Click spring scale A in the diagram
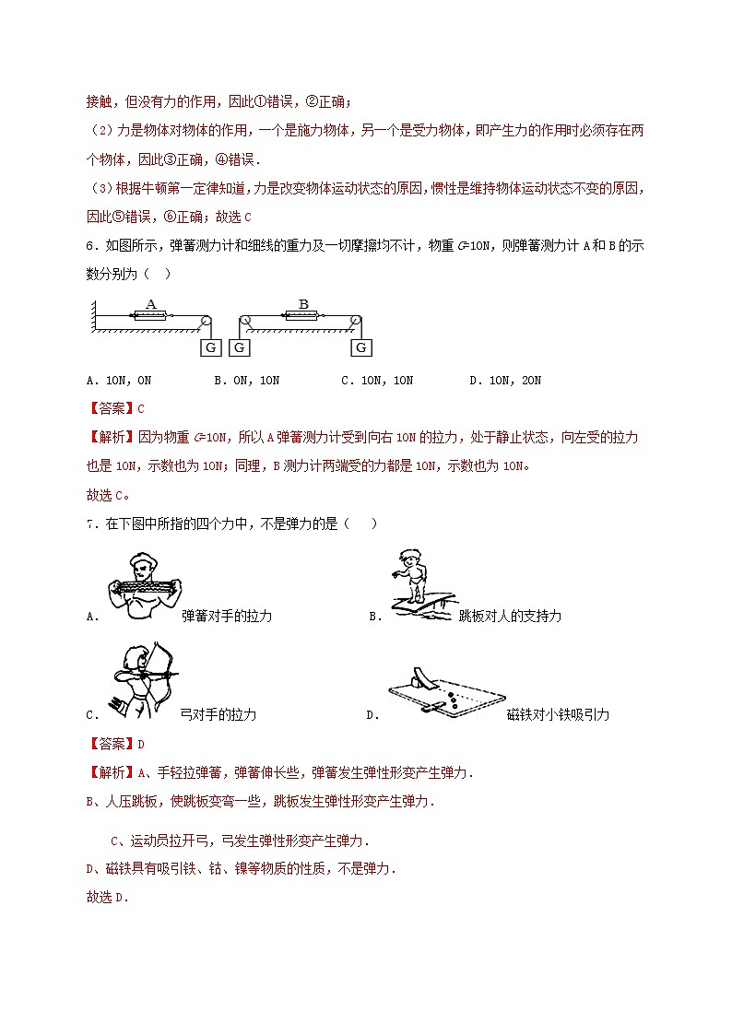click(151, 315)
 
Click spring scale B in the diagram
click(302, 315)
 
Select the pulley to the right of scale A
click(207, 321)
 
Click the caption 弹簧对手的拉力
click(227, 616)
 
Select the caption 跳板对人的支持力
click(510, 616)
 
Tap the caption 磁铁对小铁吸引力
click(558, 714)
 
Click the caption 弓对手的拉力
click(218, 714)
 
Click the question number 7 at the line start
click(90, 523)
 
